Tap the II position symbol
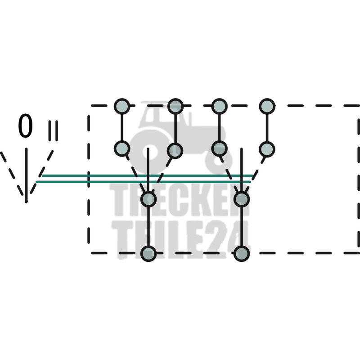pyautogui.click(x=53, y=130)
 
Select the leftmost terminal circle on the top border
pyautogui.click(x=121, y=106)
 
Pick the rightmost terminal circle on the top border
pyautogui.click(x=267, y=106)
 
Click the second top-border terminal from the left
pyautogui.click(x=175, y=106)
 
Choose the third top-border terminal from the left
pyautogui.click(x=219, y=106)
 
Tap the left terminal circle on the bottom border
pyautogui.click(x=148, y=253)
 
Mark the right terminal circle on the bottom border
pyautogui.click(x=242, y=253)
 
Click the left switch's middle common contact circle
pyautogui.click(x=148, y=199)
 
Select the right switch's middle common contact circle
pyautogui.click(x=242, y=199)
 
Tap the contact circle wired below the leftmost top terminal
pyautogui.click(x=121, y=148)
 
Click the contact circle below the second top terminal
pyautogui.click(x=175, y=150)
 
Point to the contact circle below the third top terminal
pyautogui.click(x=219, y=148)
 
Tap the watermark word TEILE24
pyautogui.click(x=180, y=238)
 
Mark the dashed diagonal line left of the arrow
pyautogui.click(x=11, y=173)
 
